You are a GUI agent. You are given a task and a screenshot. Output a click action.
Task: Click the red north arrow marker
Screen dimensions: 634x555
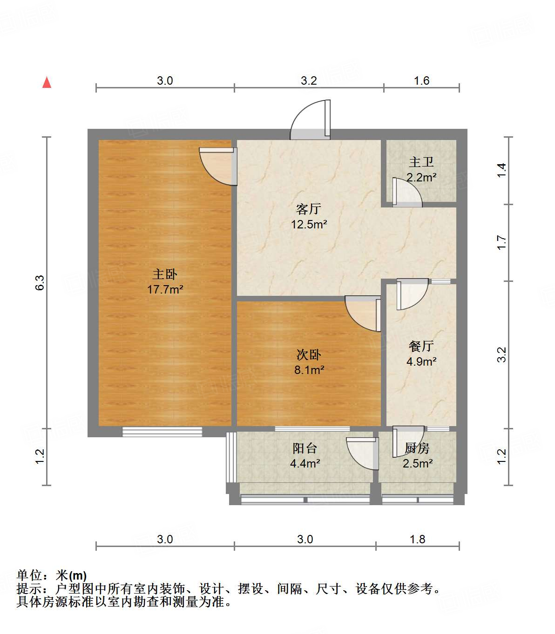(x=47, y=82)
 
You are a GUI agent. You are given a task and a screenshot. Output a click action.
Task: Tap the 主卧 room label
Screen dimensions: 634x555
(x=165, y=274)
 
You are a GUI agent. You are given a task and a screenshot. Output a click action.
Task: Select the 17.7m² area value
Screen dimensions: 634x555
(x=165, y=289)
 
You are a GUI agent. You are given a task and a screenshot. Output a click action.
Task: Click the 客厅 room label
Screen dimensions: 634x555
(x=309, y=209)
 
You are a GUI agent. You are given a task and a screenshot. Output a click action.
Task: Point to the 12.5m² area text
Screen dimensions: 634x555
(x=309, y=224)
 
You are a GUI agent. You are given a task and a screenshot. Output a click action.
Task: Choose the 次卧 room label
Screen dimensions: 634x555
(x=309, y=355)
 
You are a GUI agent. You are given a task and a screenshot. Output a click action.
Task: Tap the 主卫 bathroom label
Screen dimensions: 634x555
(x=421, y=162)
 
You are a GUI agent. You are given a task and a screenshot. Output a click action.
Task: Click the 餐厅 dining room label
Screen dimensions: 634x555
(x=421, y=346)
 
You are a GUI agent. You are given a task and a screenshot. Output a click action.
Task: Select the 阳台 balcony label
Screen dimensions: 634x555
(x=305, y=448)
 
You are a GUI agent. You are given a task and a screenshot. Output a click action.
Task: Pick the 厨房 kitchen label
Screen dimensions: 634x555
(x=417, y=448)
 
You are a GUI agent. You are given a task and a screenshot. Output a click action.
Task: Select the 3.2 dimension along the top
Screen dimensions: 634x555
(x=309, y=81)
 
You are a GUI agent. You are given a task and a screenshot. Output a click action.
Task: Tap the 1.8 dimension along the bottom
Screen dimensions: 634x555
(x=417, y=539)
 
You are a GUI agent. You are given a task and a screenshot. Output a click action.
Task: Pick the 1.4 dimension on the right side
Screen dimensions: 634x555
(x=501, y=170)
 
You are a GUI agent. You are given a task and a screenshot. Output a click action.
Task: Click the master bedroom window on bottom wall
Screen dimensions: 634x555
(x=162, y=432)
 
